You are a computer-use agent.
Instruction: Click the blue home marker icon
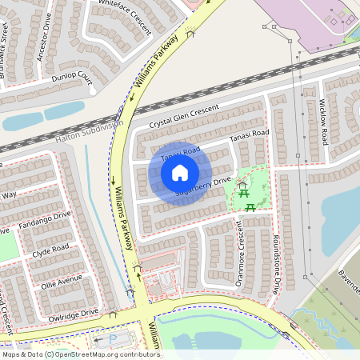[x=180, y=171]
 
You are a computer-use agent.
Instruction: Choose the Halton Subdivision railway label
[x=90, y=132]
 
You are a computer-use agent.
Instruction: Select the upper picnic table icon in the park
[x=242, y=186]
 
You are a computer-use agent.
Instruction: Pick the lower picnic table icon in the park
[x=250, y=208]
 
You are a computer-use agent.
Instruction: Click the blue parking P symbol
[x=111, y=340]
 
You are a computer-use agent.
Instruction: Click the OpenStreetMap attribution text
[x=81, y=354]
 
